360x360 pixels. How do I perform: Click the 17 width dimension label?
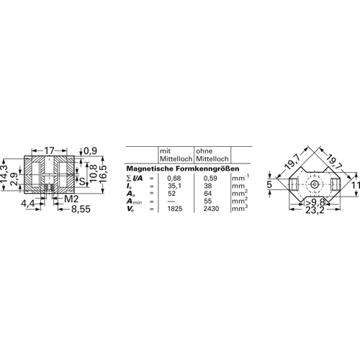click(x=50, y=150)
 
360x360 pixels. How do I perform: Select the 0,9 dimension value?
click(x=91, y=151)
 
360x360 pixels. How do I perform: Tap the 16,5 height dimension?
click(x=102, y=174)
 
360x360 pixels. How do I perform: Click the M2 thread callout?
click(x=71, y=199)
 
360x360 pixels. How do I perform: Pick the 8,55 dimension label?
click(x=81, y=210)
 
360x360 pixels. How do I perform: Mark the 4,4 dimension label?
click(x=28, y=204)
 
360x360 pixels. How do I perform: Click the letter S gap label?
click(x=82, y=181)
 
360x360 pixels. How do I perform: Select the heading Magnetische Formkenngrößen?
click(x=183, y=168)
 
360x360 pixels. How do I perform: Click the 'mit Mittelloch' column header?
click(x=176, y=155)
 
